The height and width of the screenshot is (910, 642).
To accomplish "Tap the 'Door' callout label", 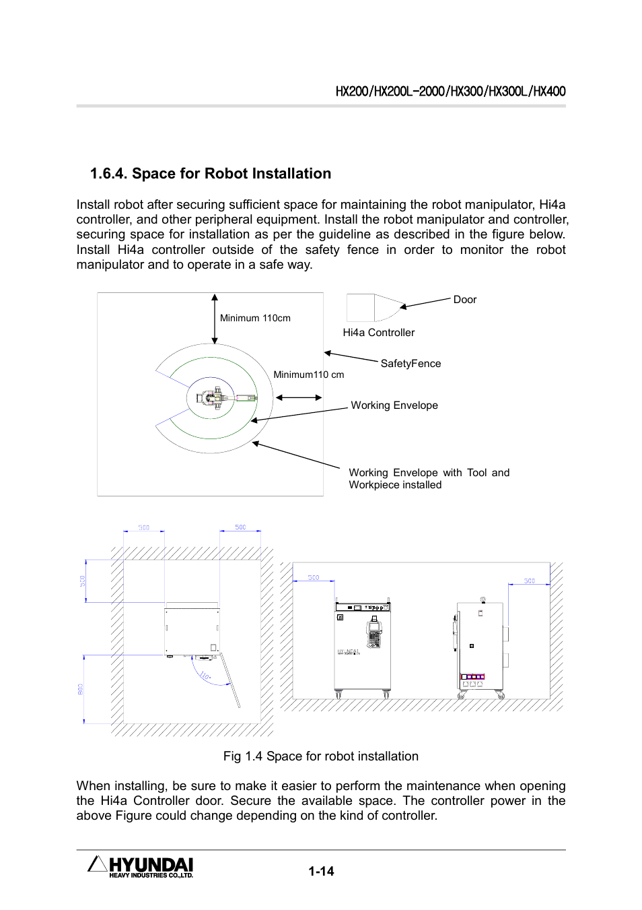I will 464,300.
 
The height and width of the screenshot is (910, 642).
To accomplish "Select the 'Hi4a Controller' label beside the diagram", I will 378,333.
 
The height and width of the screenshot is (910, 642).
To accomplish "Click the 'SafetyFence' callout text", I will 411,364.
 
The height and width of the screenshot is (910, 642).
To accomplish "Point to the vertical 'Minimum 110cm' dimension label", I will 255,319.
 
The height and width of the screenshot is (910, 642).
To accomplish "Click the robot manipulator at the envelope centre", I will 215,397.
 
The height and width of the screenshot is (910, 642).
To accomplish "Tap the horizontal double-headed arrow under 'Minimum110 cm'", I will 299,397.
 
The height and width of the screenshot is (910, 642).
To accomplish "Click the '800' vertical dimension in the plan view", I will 81,689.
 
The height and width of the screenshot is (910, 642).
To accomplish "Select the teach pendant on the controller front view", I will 374,634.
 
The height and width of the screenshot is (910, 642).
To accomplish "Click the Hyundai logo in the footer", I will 141,867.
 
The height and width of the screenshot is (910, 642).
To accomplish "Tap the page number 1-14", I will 321,871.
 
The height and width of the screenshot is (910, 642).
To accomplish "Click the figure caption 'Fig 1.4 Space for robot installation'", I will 320,756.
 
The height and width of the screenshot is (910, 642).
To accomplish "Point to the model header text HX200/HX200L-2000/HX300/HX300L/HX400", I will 450,92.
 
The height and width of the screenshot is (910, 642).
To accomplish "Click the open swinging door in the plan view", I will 230,681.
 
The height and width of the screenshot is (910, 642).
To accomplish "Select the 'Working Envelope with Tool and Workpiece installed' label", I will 429,479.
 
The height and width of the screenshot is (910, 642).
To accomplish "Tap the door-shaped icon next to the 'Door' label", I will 374,308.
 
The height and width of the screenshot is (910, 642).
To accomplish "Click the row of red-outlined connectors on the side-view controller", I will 473,676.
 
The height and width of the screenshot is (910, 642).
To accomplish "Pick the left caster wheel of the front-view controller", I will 338,694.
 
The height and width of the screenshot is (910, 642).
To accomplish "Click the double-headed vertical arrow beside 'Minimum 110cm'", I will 215,319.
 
